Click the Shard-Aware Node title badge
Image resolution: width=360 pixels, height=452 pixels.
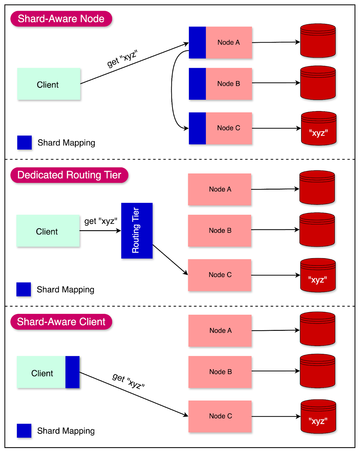[61, 19]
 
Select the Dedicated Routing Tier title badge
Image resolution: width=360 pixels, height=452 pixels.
[69, 175]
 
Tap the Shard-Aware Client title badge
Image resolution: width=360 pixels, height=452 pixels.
[61, 322]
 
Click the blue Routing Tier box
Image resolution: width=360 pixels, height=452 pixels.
[137, 231]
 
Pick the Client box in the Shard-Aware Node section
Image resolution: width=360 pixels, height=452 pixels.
[49, 84]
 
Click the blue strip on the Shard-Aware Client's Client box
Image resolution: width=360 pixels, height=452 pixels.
[72, 372]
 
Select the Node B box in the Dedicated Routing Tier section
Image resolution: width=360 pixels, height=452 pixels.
[219, 231]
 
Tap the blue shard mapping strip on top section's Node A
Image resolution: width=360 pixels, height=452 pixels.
[197, 43]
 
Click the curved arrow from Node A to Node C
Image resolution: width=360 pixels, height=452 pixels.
[172, 90]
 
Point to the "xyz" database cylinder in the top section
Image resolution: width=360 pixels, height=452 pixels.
[319, 129]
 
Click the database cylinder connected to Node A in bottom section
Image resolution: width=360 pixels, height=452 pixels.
[317, 329]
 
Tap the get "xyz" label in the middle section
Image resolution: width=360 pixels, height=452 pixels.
[101, 221]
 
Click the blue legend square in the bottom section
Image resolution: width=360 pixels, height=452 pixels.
[24, 431]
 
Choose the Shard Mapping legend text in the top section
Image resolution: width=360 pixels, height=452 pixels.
[66, 143]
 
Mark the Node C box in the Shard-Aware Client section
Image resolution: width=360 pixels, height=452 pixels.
[220, 416]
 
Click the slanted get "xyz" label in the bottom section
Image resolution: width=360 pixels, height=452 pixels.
[128, 381]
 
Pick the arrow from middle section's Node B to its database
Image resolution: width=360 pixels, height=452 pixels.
[275, 230]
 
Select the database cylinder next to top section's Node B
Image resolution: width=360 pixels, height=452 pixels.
[318, 83]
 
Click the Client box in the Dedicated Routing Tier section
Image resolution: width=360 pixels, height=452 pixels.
[48, 231]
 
